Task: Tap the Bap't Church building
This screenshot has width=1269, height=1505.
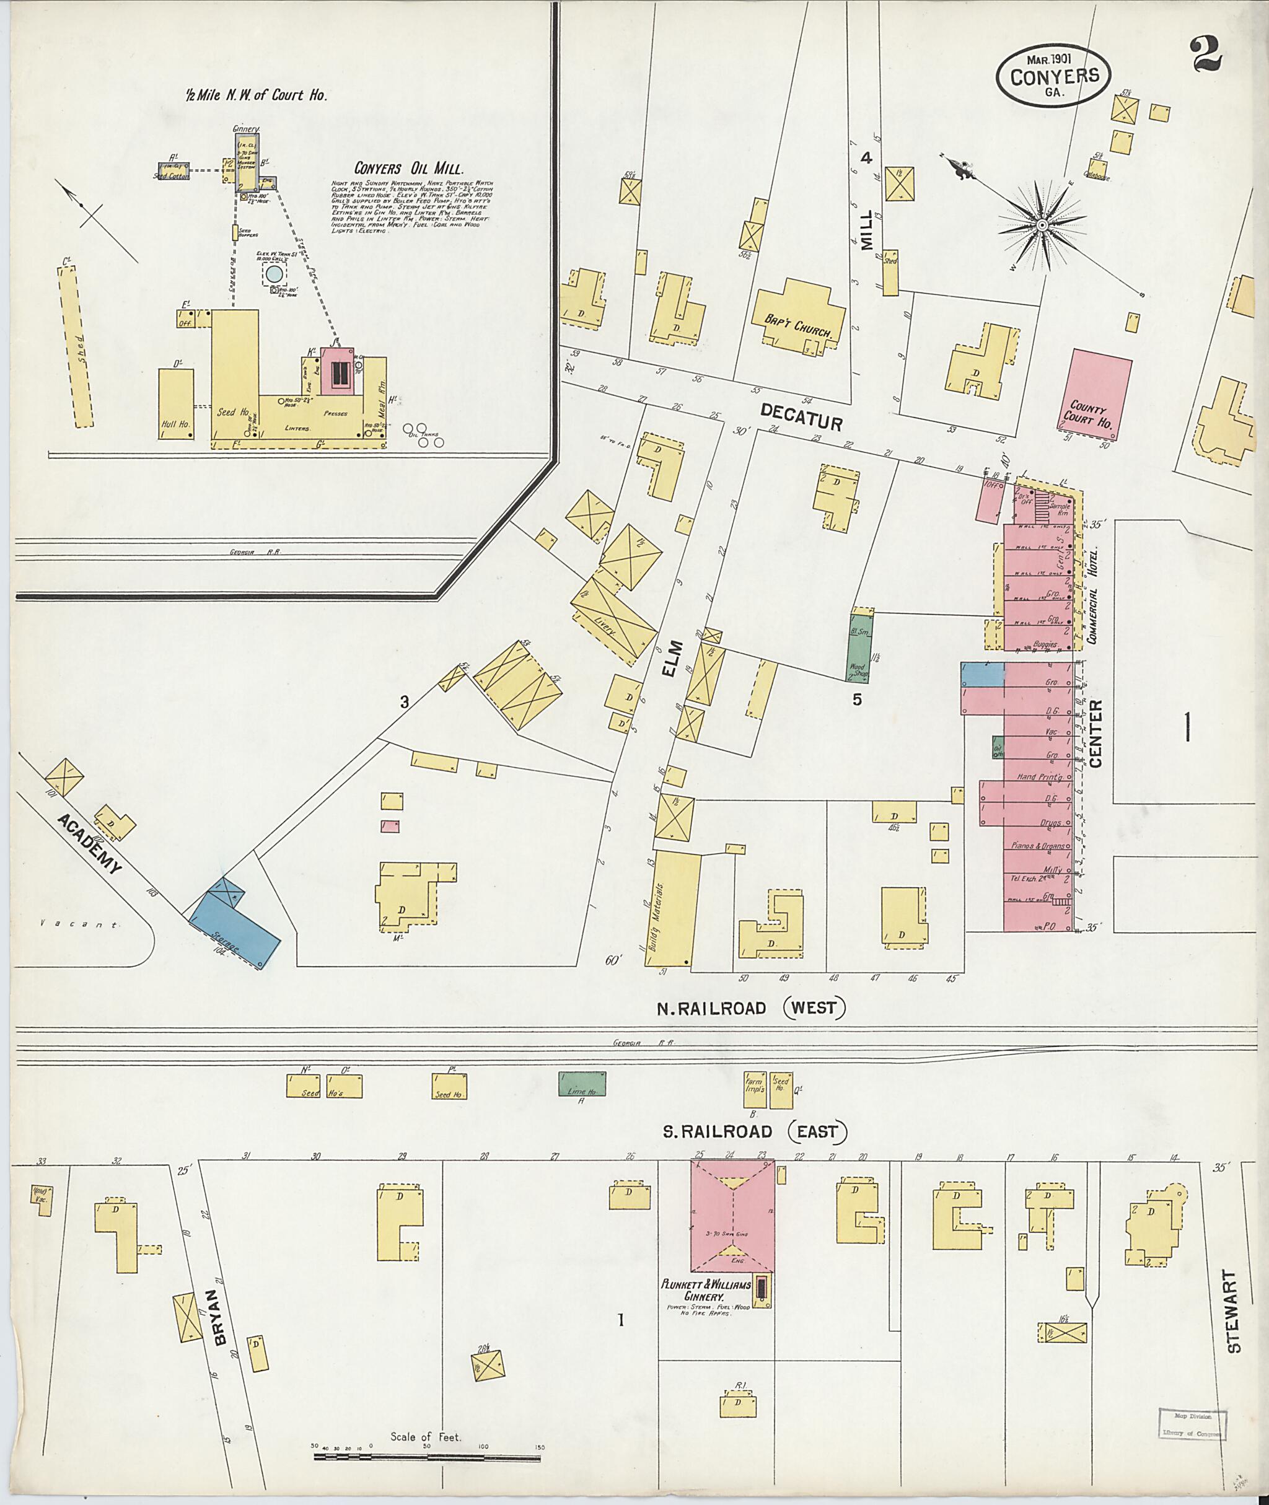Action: [799, 317]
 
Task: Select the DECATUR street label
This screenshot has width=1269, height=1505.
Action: [801, 416]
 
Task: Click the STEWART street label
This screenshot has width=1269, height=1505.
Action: [1234, 1312]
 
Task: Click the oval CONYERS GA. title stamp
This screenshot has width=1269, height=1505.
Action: [1054, 76]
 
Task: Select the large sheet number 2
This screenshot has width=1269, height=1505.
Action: [1206, 55]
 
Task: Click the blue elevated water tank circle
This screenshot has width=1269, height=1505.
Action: [274, 273]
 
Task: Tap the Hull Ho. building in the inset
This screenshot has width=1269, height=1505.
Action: [176, 403]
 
